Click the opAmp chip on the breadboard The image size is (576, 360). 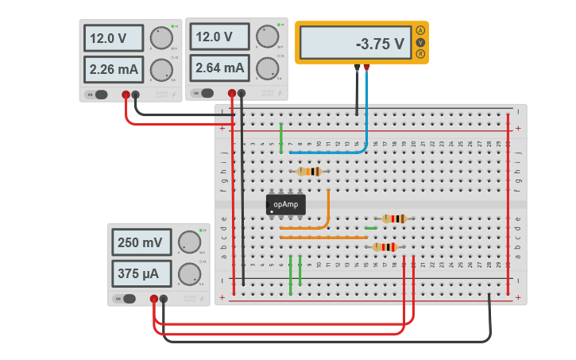pos(285,204)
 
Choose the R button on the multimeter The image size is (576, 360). pos(420,54)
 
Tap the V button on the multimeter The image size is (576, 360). pos(420,42)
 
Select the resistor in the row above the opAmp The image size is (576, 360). pos(309,172)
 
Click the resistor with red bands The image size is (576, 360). pos(385,247)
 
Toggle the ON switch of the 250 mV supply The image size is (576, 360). pos(120,298)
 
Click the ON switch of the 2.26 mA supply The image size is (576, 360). pos(92,95)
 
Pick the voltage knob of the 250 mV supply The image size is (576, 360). pos(189,242)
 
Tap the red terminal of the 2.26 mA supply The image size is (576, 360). pos(126,95)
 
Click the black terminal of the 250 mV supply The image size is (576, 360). pos(163,299)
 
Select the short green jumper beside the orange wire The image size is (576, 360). pos(370,228)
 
